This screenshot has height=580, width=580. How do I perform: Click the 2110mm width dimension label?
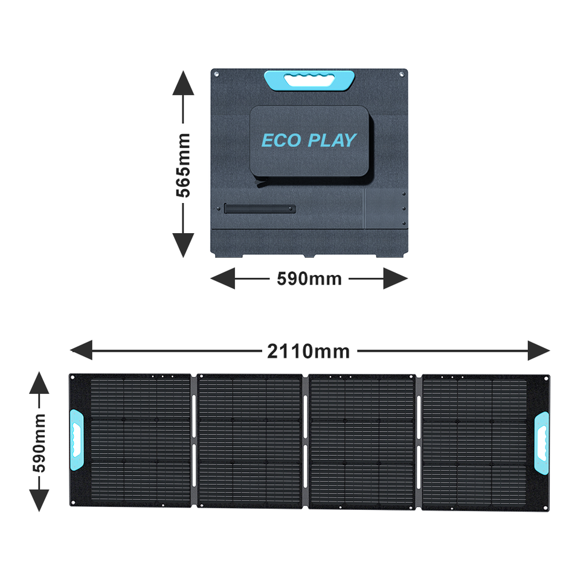tap(309, 350)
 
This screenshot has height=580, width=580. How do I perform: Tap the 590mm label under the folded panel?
tap(309, 279)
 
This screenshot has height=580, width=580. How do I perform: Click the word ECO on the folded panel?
tap(281, 141)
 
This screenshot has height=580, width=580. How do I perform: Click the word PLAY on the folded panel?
tap(332, 141)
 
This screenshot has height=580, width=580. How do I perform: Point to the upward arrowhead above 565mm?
tap(183, 83)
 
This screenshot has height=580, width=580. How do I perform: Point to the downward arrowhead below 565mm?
tap(183, 245)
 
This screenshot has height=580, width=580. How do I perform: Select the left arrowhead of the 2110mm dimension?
tap(82, 350)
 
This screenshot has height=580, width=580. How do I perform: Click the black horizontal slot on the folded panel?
tap(259, 209)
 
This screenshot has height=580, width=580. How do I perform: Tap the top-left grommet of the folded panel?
tap(215, 74)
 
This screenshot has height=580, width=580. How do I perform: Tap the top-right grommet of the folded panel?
tap(402, 74)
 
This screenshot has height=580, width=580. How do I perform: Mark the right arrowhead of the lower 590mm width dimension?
tap(396, 279)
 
